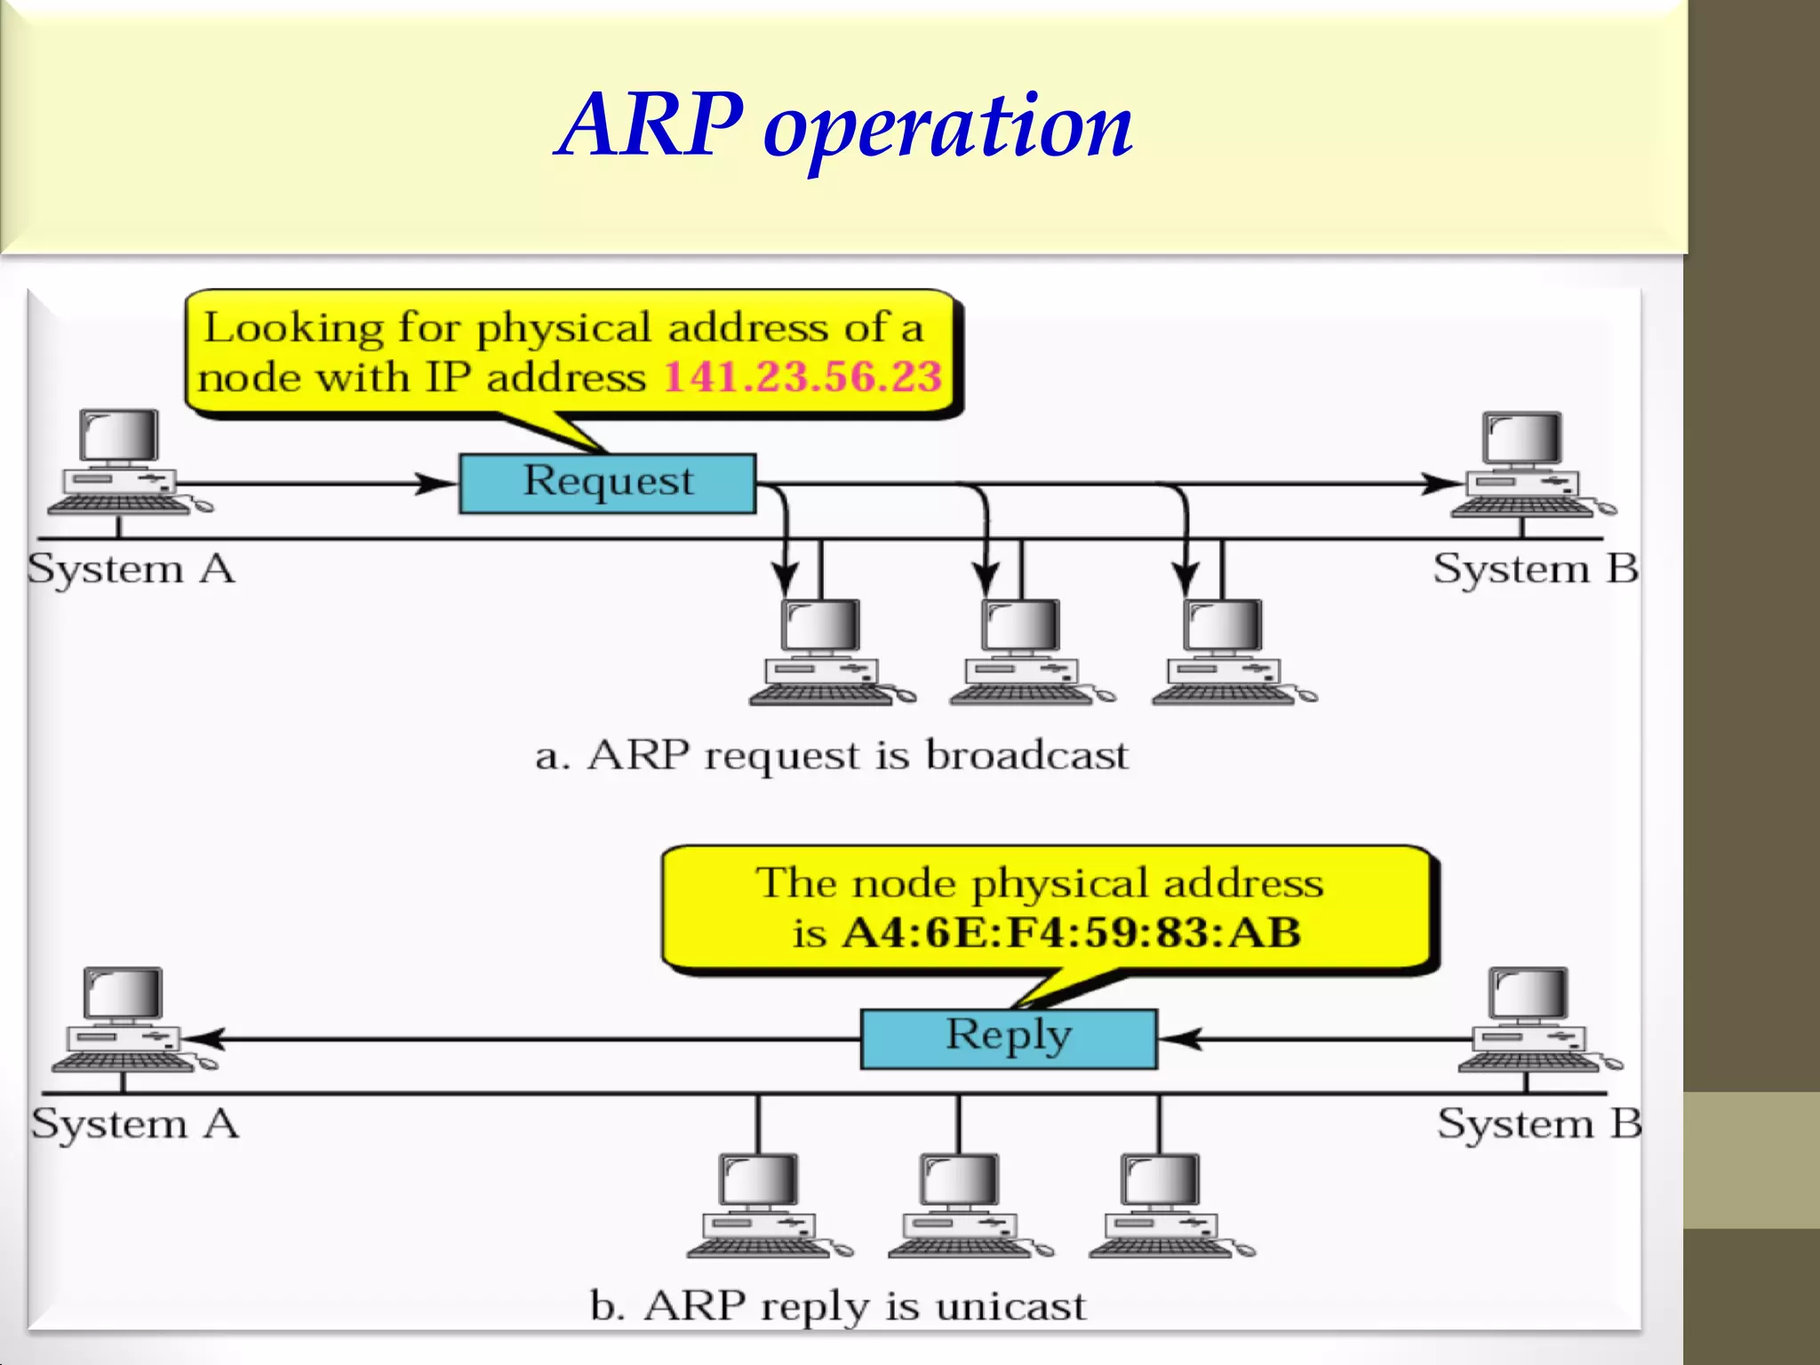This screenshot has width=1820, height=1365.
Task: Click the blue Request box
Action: pos(607,483)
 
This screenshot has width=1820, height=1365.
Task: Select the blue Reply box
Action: pos(1009,1038)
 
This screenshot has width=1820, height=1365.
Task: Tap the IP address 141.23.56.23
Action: pos(802,377)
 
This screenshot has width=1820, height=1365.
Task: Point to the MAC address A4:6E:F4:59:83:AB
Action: pos(1071,933)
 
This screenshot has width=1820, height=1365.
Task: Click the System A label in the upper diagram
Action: pos(131,569)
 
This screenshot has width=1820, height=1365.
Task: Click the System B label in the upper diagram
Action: pos(1536,569)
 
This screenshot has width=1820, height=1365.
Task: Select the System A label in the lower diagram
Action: pos(135,1124)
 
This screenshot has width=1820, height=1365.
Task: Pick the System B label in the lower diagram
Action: pos(1539,1124)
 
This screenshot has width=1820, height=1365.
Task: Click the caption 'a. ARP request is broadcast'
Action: pos(832,755)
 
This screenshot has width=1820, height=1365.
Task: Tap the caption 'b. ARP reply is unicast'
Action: pos(837,1306)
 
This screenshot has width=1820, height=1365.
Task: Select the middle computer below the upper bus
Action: pos(1024,653)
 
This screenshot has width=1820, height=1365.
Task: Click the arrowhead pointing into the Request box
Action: pos(438,483)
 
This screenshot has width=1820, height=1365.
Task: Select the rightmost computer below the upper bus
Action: pos(1226,653)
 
